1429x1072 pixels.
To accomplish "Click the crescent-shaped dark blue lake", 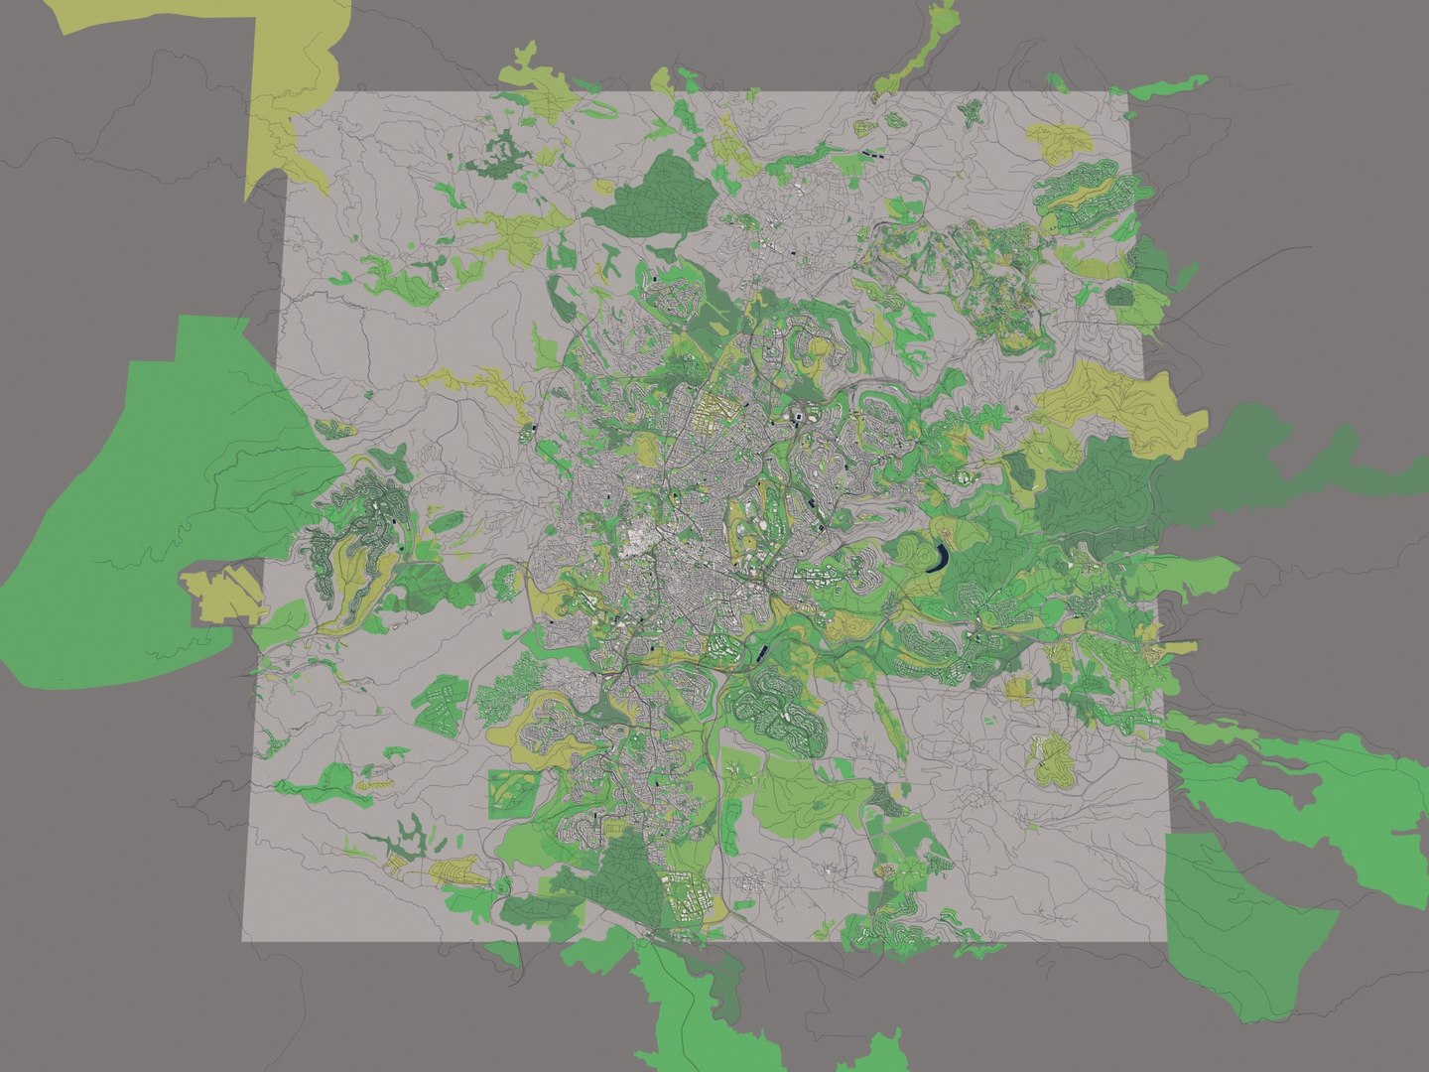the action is (x=937, y=559).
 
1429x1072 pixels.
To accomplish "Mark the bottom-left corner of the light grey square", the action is (x=244, y=940).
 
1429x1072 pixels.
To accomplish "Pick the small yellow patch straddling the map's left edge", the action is (x=226, y=594).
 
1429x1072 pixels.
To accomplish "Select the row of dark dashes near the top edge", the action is (x=873, y=154).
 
